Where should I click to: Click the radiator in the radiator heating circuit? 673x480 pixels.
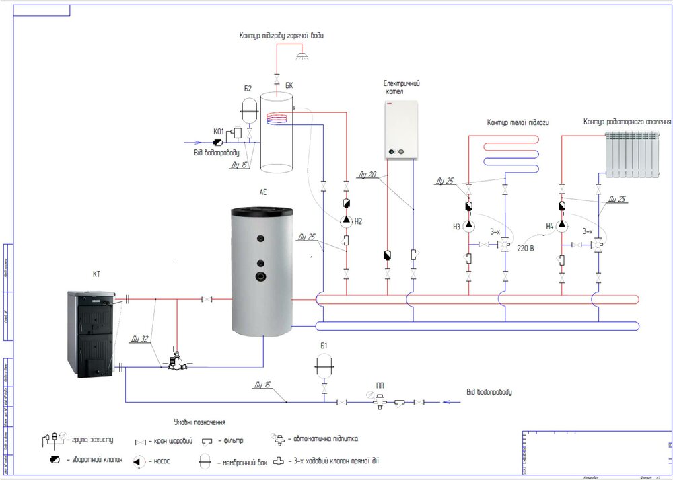coord(631,155)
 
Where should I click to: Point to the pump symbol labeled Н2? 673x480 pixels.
coord(346,220)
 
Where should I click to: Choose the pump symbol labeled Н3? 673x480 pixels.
coord(468,226)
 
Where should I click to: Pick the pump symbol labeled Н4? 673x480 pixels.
coord(561,226)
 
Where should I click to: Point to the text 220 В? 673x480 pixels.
coord(526,248)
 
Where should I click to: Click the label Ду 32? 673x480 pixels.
coord(140,339)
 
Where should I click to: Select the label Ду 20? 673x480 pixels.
coord(367,174)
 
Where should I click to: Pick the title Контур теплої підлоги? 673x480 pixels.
coord(518,123)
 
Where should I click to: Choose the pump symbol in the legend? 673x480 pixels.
coord(139,461)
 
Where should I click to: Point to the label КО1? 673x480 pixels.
coord(219,131)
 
